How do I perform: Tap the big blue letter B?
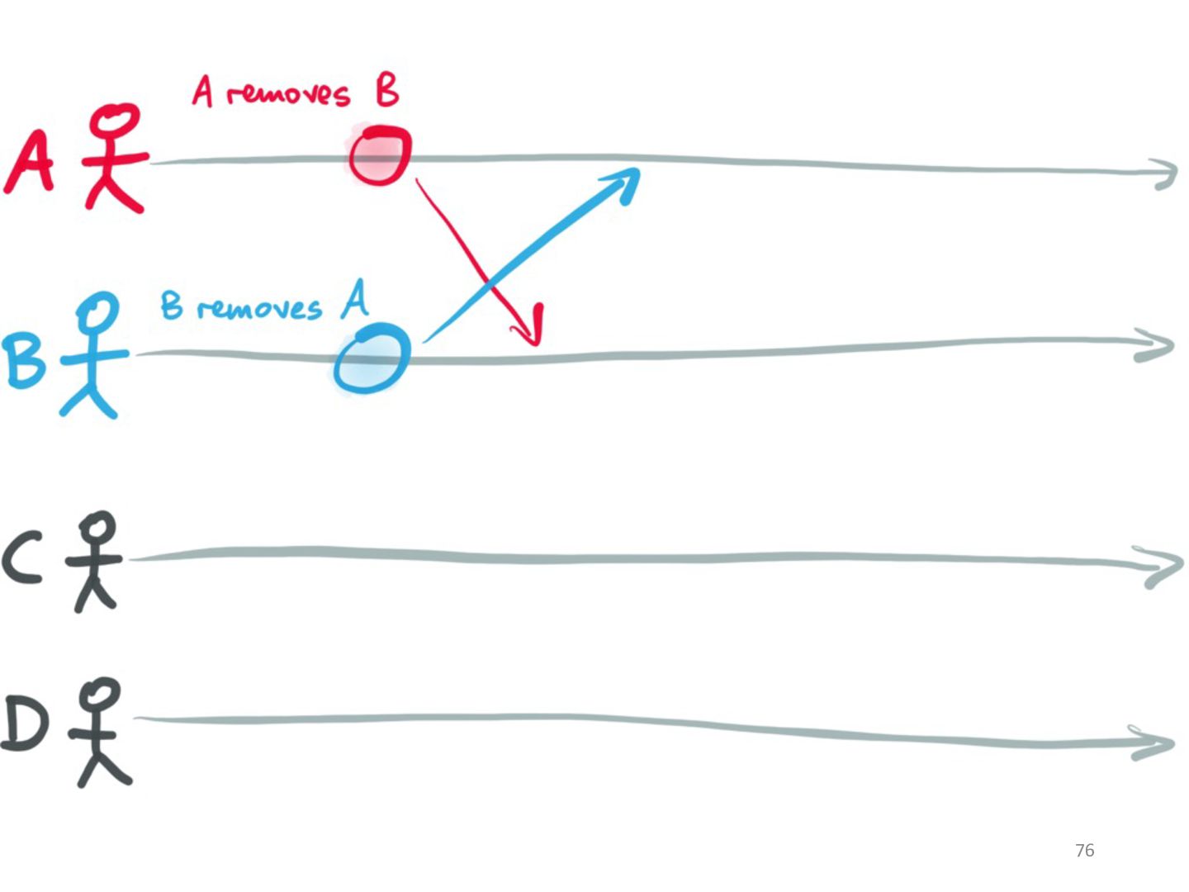pos(24,361)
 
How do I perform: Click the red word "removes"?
pos(289,94)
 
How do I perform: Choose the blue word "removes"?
pos(259,309)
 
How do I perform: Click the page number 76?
pos(1084,851)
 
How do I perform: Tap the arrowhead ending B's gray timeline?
pos(1159,345)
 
